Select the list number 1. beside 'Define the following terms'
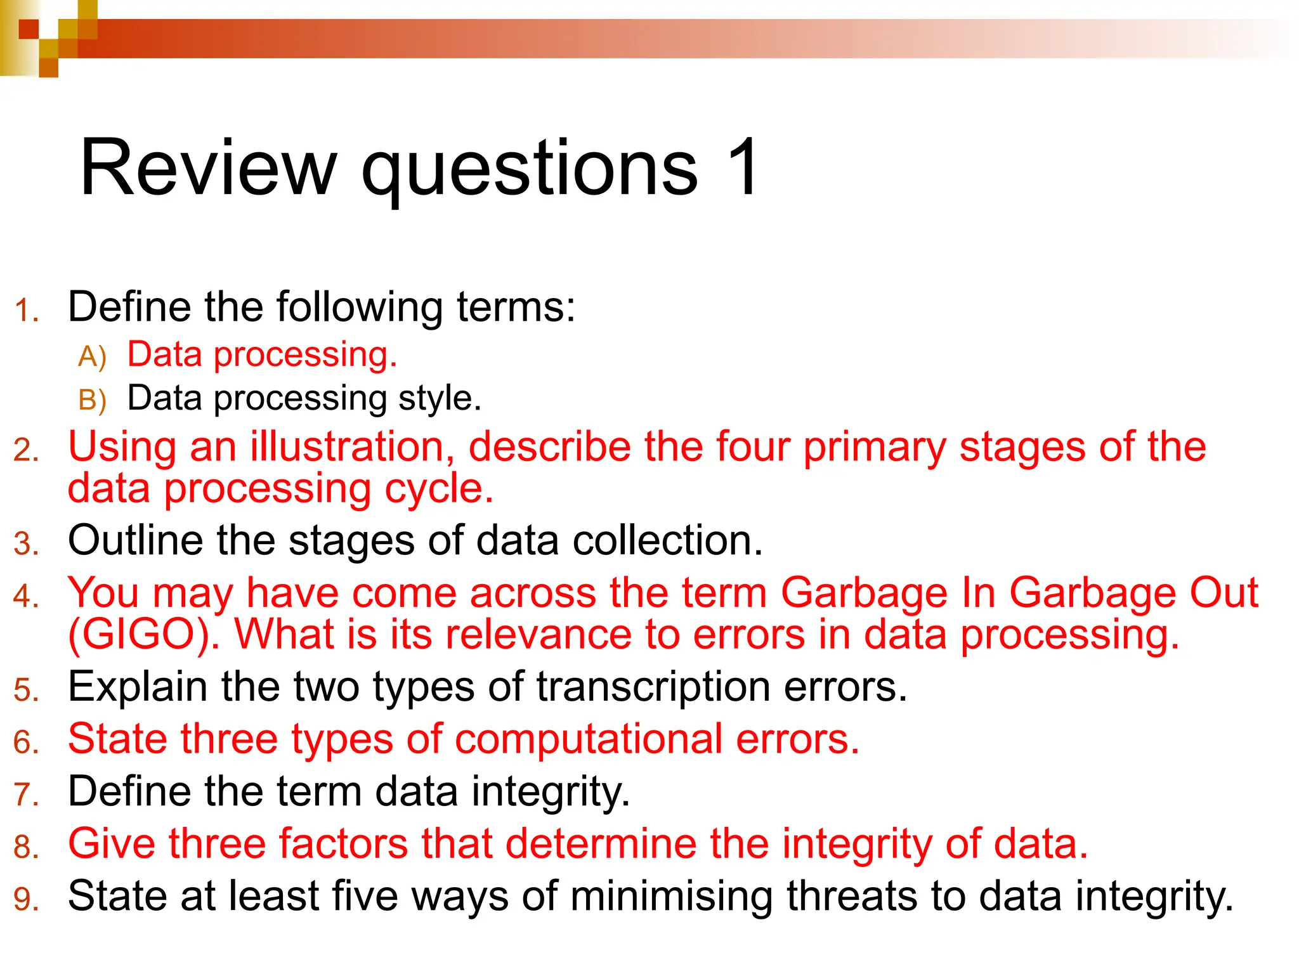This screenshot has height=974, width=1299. click(27, 311)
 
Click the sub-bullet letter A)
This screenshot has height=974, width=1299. click(93, 356)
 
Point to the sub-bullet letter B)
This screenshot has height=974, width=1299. click(93, 400)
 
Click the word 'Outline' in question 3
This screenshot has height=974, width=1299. click(136, 541)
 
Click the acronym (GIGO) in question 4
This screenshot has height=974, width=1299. click(143, 634)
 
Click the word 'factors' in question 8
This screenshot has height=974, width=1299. click(343, 844)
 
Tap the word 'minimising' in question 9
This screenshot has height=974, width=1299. click(671, 897)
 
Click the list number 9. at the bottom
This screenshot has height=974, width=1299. click(27, 900)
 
